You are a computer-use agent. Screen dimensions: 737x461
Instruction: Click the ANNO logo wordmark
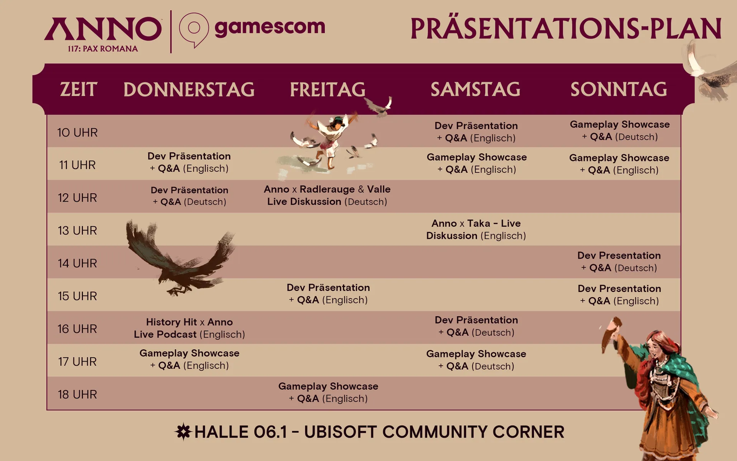click(103, 29)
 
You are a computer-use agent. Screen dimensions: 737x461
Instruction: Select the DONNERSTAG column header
click(189, 90)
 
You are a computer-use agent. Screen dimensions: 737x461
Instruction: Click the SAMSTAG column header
click(476, 89)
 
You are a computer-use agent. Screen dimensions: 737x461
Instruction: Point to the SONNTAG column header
click(619, 89)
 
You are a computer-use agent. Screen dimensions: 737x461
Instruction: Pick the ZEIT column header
click(78, 90)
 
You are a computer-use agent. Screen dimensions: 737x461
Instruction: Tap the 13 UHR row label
click(78, 230)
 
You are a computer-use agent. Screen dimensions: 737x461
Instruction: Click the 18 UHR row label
click(78, 395)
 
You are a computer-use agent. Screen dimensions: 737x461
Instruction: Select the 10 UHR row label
click(78, 133)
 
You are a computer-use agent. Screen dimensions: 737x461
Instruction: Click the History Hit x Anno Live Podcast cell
click(189, 328)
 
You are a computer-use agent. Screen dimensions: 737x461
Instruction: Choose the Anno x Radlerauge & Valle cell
click(327, 195)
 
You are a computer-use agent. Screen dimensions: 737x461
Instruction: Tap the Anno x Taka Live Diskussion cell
click(476, 229)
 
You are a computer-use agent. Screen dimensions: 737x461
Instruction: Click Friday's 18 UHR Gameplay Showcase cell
click(328, 392)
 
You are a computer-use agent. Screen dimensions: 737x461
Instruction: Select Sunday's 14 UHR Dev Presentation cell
click(619, 262)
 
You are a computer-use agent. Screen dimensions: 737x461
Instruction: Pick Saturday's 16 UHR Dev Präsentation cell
click(476, 326)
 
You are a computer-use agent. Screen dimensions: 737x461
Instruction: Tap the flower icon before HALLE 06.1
click(183, 432)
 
